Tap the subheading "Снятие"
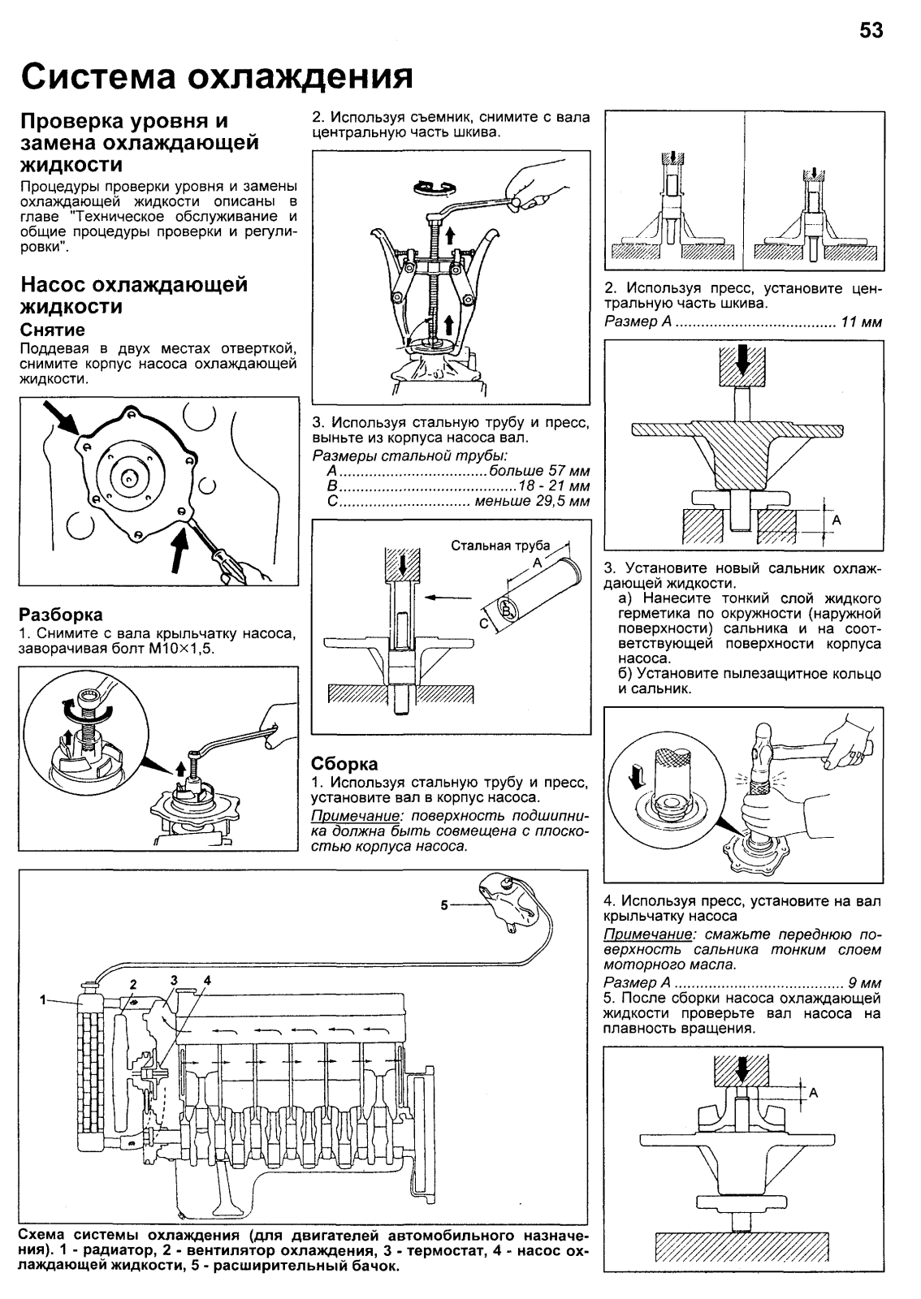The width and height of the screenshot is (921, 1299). point(52,330)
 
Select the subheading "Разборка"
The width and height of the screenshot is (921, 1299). point(61,615)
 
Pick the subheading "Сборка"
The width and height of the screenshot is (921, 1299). point(345,764)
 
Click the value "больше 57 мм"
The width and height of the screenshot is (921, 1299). point(540,471)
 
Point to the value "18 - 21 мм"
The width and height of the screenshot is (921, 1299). point(556,486)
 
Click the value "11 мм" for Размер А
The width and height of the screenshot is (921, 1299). point(862,322)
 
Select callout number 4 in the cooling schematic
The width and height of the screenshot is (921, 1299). point(207,980)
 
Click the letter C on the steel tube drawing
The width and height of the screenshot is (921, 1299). point(482,624)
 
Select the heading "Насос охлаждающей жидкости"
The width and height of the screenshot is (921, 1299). point(133,296)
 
